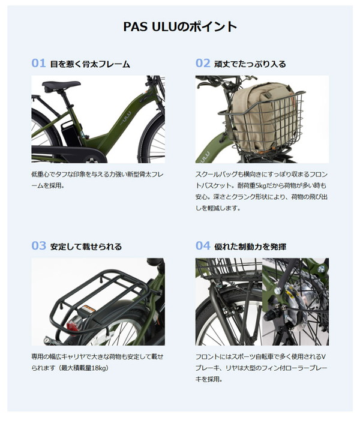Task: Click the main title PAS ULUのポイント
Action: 180,27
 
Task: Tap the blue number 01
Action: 38,63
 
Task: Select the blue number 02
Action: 203,63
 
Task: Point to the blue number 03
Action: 38,246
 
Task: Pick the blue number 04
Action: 203,246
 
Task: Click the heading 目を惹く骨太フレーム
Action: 90,64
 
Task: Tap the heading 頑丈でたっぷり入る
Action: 250,64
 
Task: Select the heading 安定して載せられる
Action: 86,247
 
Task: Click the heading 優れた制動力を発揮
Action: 250,247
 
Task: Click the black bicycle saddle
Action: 61,86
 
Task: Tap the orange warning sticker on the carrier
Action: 88,309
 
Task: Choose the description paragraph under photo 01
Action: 97,180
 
